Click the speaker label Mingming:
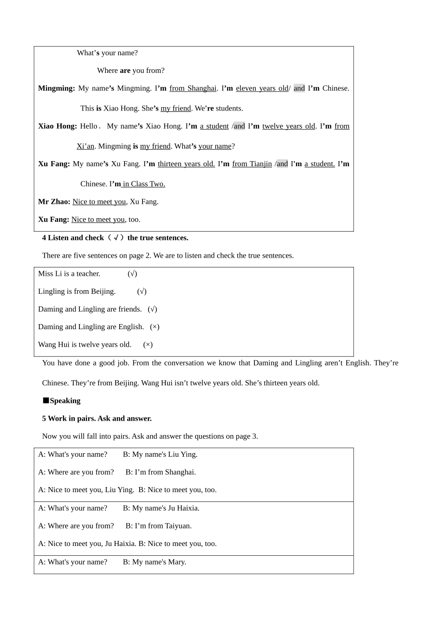coord(56,88)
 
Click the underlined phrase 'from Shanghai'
coord(193,88)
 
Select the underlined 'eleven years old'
coord(262,88)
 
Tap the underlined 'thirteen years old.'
coord(186,164)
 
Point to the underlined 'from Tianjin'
coord(252,164)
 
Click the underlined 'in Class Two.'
coord(144,184)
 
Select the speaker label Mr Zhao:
coord(54,201)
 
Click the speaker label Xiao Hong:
coord(57,126)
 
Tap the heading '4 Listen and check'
coord(73,238)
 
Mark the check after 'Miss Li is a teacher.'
coord(132,274)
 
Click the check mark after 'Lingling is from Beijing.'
coord(142,292)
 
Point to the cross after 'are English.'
coord(155,327)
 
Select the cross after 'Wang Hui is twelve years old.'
coord(148,344)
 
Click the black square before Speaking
coord(45,401)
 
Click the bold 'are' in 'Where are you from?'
coord(125,71)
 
